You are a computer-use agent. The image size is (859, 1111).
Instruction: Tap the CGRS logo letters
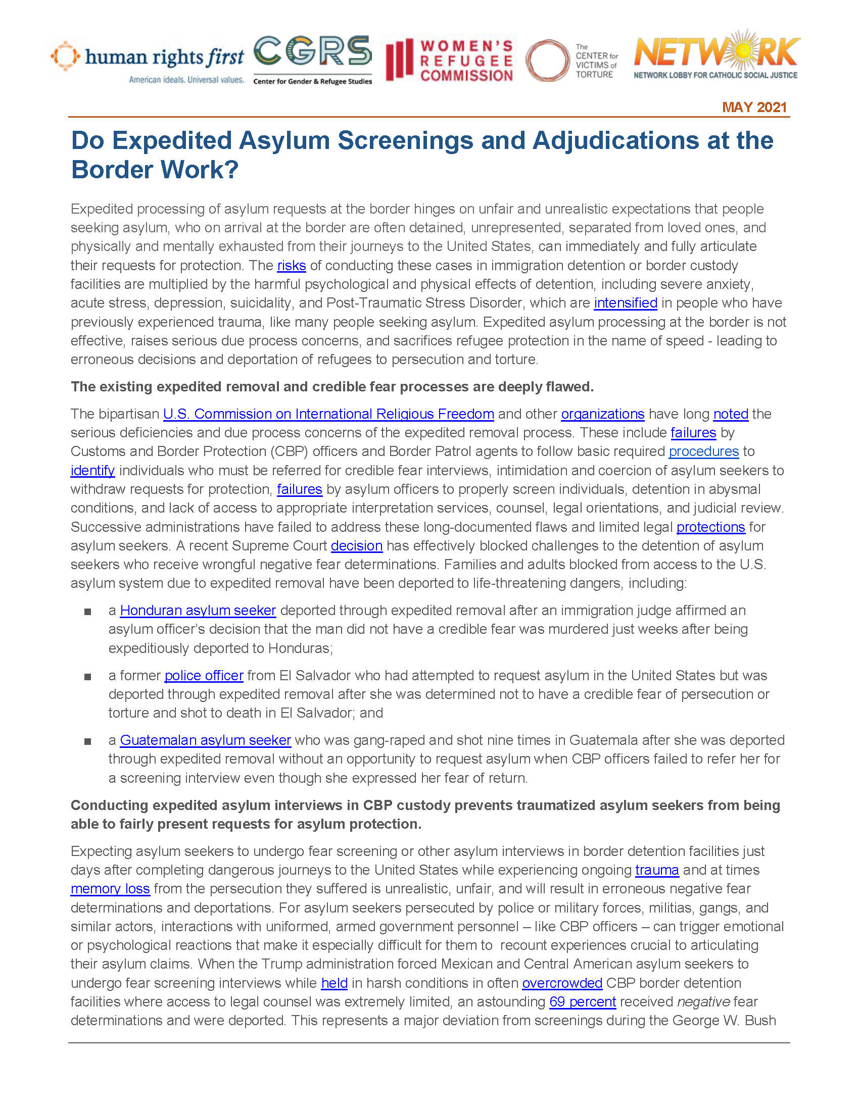click(x=312, y=52)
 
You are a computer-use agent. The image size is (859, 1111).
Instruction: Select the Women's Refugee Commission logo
click(x=450, y=61)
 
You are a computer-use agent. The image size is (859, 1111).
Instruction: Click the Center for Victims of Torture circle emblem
click(x=547, y=61)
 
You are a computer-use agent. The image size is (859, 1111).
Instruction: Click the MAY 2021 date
click(x=754, y=108)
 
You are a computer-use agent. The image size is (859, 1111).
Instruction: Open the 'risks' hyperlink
click(x=291, y=266)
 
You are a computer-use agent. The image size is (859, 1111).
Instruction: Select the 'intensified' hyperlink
click(x=626, y=303)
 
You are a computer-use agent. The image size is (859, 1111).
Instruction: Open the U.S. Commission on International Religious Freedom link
click(x=328, y=414)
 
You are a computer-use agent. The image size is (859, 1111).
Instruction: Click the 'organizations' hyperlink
click(x=602, y=414)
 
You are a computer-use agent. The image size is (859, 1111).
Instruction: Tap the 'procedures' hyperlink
click(x=703, y=452)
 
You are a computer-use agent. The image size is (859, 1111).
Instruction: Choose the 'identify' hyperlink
click(x=92, y=471)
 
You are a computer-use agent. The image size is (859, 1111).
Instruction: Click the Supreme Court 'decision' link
click(x=356, y=546)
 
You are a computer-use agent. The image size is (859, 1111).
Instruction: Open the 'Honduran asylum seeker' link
click(x=198, y=611)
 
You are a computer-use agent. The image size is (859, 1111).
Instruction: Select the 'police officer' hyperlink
click(x=204, y=676)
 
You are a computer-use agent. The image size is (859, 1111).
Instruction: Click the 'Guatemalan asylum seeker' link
click(x=205, y=740)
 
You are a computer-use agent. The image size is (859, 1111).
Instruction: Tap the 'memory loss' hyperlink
click(x=110, y=889)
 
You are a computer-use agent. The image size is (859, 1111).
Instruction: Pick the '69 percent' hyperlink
click(x=583, y=1001)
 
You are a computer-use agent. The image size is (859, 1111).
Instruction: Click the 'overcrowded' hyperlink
click(x=562, y=983)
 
